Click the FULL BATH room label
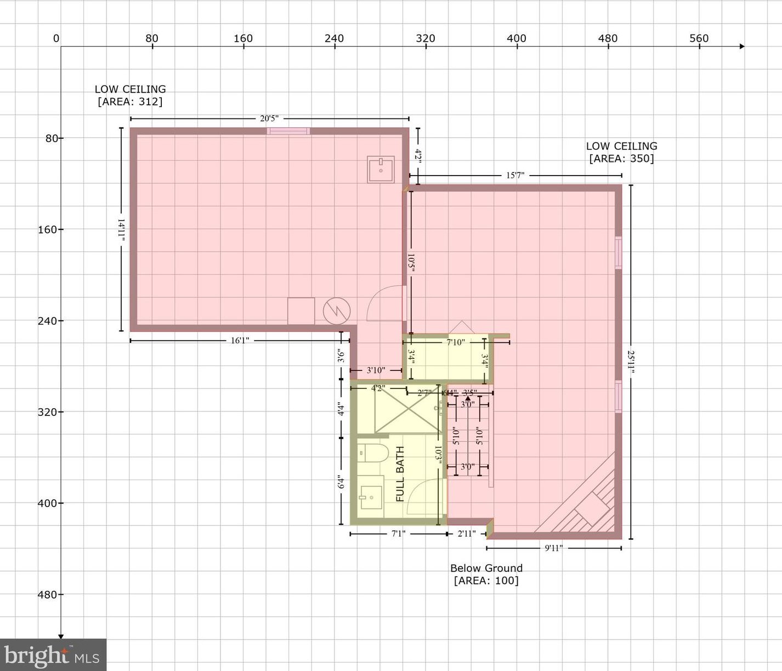pyautogui.click(x=400, y=473)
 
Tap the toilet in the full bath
pyautogui.click(x=372, y=453)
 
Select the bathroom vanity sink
pyautogui.click(x=371, y=497)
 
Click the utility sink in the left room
pyautogui.click(x=381, y=169)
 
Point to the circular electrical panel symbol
pyautogui.click(x=336, y=311)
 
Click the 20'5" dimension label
pyautogui.click(x=269, y=119)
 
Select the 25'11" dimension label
pyautogui.click(x=631, y=362)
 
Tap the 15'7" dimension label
pyautogui.click(x=515, y=176)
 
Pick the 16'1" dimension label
pyautogui.click(x=240, y=341)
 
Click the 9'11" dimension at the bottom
pyautogui.click(x=553, y=548)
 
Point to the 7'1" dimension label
pyautogui.click(x=398, y=533)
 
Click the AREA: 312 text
pyautogui.click(x=130, y=102)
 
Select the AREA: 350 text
pyautogui.click(x=621, y=159)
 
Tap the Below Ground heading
pyautogui.click(x=486, y=568)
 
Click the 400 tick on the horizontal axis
pyautogui.click(x=517, y=39)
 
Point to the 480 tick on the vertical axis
pyautogui.click(x=48, y=594)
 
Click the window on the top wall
pyautogui.click(x=288, y=131)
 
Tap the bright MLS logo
pyautogui.click(x=53, y=655)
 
